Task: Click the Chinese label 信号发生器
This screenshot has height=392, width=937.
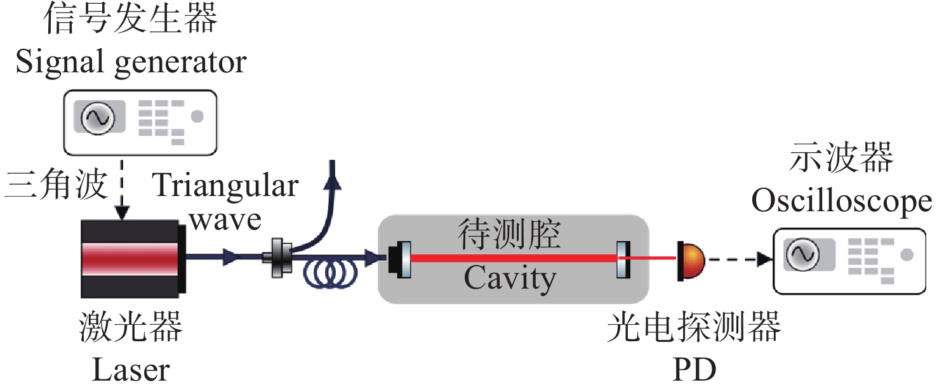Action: click(x=130, y=21)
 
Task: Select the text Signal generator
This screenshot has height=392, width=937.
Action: click(x=131, y=62)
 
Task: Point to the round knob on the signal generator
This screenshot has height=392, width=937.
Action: click(x=197, y=117)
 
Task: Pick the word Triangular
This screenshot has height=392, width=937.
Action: click(x=225, y=186)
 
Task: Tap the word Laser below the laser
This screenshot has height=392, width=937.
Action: click(x=131, y=370)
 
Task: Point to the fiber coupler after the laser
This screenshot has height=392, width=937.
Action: click(x=278, y=257)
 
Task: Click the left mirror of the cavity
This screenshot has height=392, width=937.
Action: click(x=404, y=259)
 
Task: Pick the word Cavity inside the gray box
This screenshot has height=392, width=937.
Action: click(x=510, y=278)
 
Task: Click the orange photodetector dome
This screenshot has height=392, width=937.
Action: click(x=692, y=259)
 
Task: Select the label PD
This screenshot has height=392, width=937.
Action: click(x=693, y=370)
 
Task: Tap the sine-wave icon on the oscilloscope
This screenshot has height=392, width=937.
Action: click(x=802, y=255)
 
